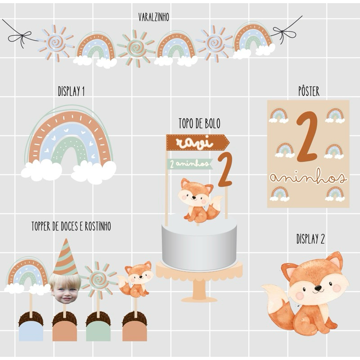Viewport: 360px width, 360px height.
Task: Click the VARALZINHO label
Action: (x=153, y=17)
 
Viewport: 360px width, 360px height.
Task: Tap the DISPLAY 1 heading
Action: (x=71, y=91)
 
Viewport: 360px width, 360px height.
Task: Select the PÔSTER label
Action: (x=309, y=91)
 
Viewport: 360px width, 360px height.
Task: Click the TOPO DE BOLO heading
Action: (x=199, y=123)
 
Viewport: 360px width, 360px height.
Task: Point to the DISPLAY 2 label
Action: (x=310, y=239)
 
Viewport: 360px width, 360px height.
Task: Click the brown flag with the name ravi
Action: (x=198, y=143)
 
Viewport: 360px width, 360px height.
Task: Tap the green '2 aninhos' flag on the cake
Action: (x=189, y=164)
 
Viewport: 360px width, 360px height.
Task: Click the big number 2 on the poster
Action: (x=307, y=137)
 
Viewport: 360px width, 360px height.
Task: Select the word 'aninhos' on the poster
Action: (x=308, y=178)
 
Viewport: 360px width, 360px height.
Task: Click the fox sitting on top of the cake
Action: (x=199, y=200)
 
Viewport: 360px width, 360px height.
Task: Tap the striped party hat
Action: (x=65, y=257)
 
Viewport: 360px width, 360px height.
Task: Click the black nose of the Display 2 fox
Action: (x=318, y=288)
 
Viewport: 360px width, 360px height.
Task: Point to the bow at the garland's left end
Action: (x=20, y=37)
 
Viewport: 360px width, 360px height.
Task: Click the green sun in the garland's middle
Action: (x=135, y=49)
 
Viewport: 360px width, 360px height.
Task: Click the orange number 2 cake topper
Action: (x=225, y=170)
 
